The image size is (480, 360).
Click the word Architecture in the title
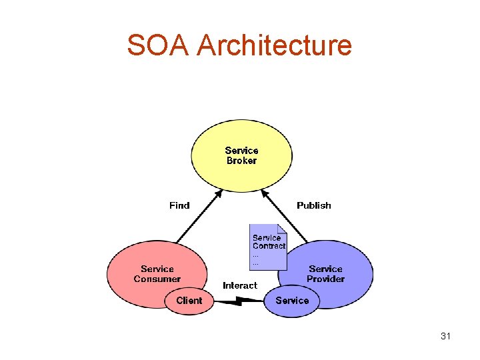[275, 45]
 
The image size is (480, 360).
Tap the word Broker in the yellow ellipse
[241, 161]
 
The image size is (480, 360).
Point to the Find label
[179, 205]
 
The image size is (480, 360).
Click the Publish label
[313, 205]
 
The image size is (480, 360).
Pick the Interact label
[239, 285]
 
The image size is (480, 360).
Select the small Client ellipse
[189, 301]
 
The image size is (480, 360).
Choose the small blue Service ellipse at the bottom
[292, 301]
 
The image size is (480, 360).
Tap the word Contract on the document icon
[269, 246]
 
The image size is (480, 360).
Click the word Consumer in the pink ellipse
[157, 279]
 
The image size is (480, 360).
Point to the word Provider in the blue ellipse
[325, 279]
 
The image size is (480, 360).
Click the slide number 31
[445, 336]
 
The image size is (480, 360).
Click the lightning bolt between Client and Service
[241, 301]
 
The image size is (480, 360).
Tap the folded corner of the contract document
[281, 228]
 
